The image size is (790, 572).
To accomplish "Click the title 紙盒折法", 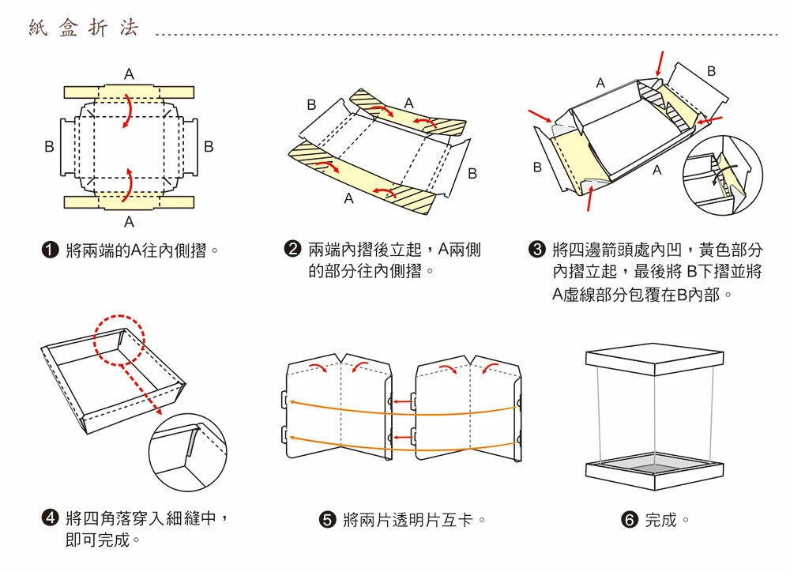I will [x=84, y=28].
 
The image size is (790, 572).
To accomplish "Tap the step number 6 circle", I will [x=630, y=520].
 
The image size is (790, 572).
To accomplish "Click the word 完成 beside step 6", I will [x=661, y=520].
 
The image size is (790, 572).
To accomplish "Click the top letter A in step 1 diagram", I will [x=129, y=73].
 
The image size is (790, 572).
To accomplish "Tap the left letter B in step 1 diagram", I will [x=49, y=146].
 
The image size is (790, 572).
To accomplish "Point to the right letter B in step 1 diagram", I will [x=209, y=146].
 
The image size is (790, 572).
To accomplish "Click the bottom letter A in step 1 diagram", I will [x=129, y=220].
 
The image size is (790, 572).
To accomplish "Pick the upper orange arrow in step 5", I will [x=403, y=409].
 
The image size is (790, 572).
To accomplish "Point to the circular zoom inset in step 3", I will [x=722, y=175].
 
